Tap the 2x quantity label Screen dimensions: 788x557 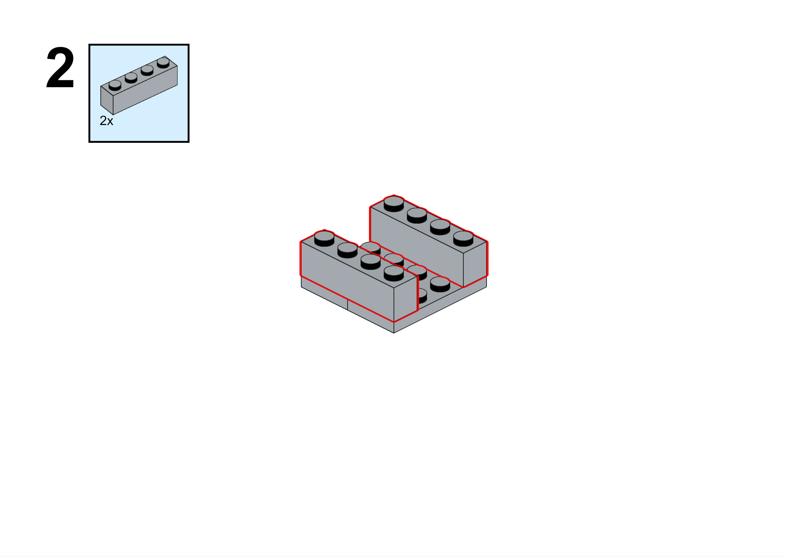click(x=106, y=121)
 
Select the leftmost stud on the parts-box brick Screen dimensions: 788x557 click(x=115, y=85)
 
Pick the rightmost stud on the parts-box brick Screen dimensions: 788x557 click(x=163, y=63)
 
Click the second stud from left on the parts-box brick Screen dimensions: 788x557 click(x=131, y=78)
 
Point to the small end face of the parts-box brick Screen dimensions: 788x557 click(x=107, y=100)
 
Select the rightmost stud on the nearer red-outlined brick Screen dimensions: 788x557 click(x=394, y=273)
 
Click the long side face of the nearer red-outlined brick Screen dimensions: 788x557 click(x=347, y=282)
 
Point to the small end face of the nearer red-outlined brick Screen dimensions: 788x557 click(x=405, y=299)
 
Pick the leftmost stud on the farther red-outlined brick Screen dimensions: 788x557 click(x=394, y=204)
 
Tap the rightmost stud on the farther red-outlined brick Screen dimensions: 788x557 click(x=463, y=238)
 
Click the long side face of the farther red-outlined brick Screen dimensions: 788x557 click(x=417, y=247)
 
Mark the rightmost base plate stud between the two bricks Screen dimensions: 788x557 click(x=440, y=284)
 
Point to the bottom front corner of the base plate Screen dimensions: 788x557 click(x=394, y=333)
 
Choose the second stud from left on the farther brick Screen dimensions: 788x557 click(x=417, y=215)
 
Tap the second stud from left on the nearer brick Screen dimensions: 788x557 click(x=347, y=250)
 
